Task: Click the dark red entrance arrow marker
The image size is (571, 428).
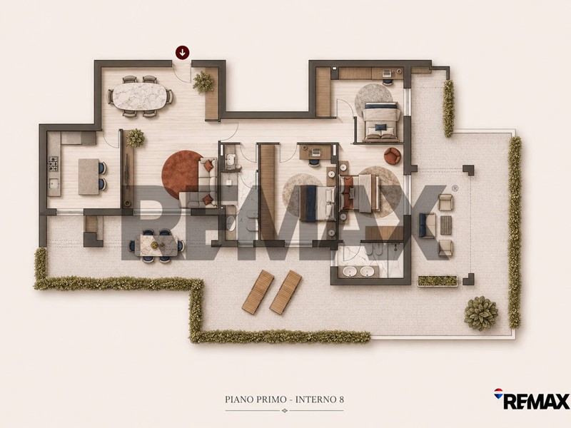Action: [183, 52]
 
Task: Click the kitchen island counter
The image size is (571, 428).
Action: [89, 177]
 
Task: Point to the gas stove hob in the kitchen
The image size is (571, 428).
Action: [54, 164]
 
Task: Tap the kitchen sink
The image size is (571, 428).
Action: [54, 185]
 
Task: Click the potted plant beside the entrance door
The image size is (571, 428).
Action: [203, 82]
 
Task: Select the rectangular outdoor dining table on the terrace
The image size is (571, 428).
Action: [156, 245]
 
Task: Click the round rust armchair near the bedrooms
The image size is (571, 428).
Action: [393, 156]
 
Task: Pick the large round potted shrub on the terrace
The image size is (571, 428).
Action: [480, 313]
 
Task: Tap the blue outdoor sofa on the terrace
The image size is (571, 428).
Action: [427, 225]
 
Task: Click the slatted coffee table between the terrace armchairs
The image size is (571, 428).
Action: [445, 225]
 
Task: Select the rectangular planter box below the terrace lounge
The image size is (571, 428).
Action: [437, 280]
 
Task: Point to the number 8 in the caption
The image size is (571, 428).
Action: [341, 399]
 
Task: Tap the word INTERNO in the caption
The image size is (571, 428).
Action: [314, 399]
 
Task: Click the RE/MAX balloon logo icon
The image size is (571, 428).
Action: [498, 394]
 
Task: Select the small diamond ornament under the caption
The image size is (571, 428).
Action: [285, 411]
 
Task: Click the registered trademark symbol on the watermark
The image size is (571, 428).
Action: [455, 188]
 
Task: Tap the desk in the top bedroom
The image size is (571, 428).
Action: [387, 73]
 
